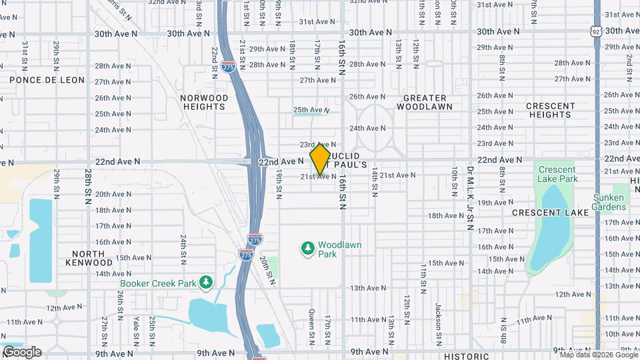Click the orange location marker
tap(321, 158)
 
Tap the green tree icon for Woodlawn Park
tap(308, 249)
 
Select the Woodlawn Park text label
tap(339, 249)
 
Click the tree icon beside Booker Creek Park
tap(207, 283)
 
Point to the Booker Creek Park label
tap(158, 283)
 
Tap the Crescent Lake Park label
tap(557, 175)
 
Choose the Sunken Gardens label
tap(609, 202)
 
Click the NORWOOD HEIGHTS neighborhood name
tap(205, 102)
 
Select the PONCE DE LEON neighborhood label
tap(47, 80)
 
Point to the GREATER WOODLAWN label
tap(424, 102)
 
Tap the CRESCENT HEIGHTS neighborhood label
tap(550, 110)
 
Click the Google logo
tap(21, 351)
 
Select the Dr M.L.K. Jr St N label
tap(469, 199)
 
